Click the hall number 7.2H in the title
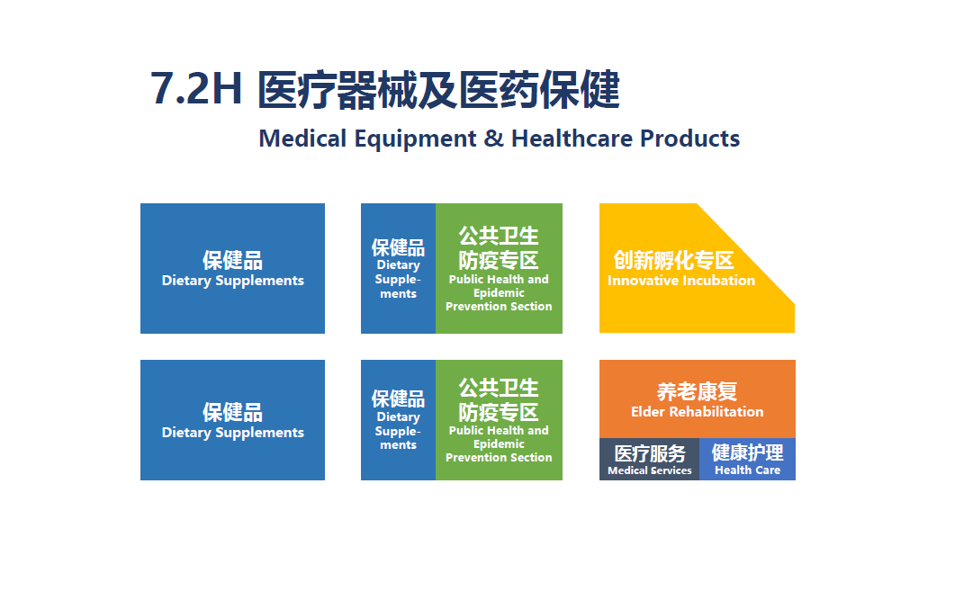click(x=196, y=89)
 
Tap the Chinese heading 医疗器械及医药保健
click(x=438, y=90)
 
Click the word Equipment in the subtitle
click(x=415, y=139)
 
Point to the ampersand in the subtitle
click(x=494, y=139)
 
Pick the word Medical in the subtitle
click(x=302, y=139)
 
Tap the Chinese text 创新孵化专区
click(x=673, y=260)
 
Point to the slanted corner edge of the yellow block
click(x=745, y=253)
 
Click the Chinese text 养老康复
click(x=697, y=391)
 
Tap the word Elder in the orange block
click(x=648, y=412)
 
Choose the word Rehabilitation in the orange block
click(x=716, y=412)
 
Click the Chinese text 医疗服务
click(x=650, y=453)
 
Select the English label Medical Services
click(x=650, y=470)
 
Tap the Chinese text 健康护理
click(x=747, y=452)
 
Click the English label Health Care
click(x=747, y=470)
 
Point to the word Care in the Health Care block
click(x=768, y=470)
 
